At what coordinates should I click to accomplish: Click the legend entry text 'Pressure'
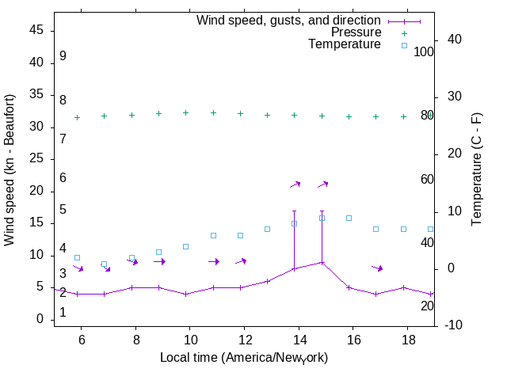click(356, 32)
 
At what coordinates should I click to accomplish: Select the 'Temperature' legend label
click(345, 44)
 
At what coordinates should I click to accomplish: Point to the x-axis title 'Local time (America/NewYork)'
click(244, 358)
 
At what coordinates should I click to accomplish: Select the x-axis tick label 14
click(299, 338)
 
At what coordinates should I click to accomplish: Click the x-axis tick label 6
click(82, 338)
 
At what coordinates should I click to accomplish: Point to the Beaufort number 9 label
click(63, 56)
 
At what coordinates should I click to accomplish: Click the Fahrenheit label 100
click(424, 51)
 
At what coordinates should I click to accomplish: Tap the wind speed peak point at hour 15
click(322, 262)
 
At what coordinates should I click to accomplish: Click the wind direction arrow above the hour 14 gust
click(295, 184)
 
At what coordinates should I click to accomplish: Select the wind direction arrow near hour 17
click(377, 268)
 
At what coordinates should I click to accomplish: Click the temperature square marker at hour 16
click(349, 218)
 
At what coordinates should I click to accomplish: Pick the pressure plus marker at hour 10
click(185, 112)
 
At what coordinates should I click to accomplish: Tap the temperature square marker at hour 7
click(104, 264)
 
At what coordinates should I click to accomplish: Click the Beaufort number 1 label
click(63, 313)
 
